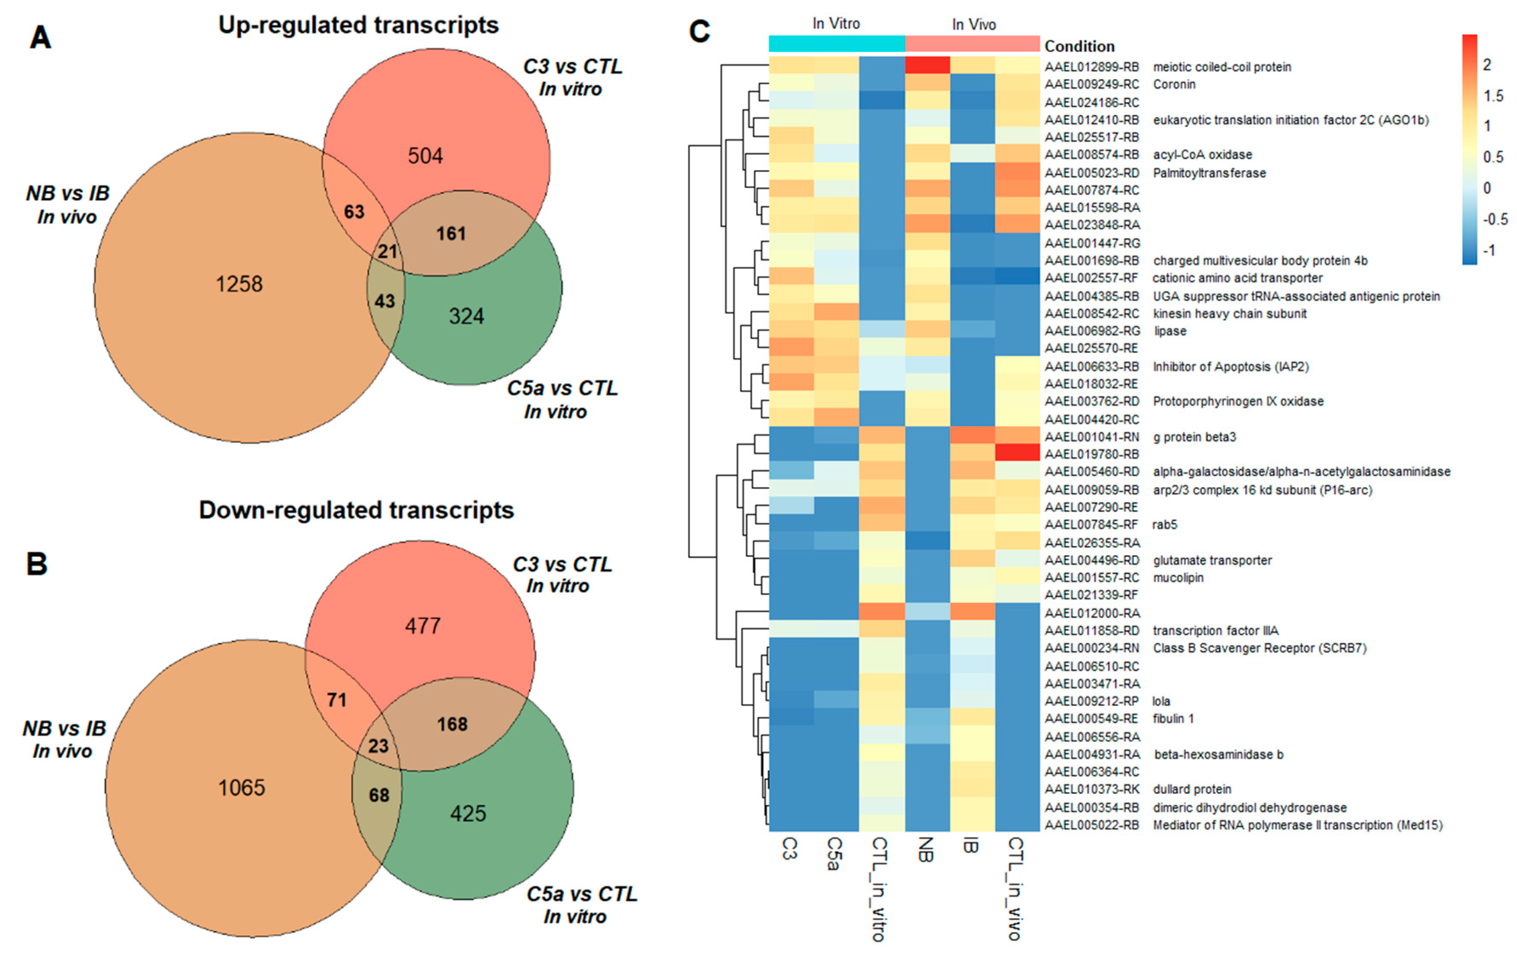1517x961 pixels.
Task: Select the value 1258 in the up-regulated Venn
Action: (239, 284)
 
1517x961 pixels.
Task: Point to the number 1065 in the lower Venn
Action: (241, 788)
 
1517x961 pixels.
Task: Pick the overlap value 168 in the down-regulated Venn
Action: (452, 724)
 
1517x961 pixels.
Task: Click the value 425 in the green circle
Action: (468, 813)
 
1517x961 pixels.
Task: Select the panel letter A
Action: (40, 38)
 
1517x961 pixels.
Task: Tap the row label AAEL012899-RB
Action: (1092, 67)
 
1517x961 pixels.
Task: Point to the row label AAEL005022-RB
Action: (1092, 825)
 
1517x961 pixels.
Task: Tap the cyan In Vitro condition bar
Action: (837, 43)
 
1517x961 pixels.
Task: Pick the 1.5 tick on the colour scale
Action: (1493, 96)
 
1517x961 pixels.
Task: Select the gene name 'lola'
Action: (1161, 701)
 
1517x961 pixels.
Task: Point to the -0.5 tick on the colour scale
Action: (1494, 219)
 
